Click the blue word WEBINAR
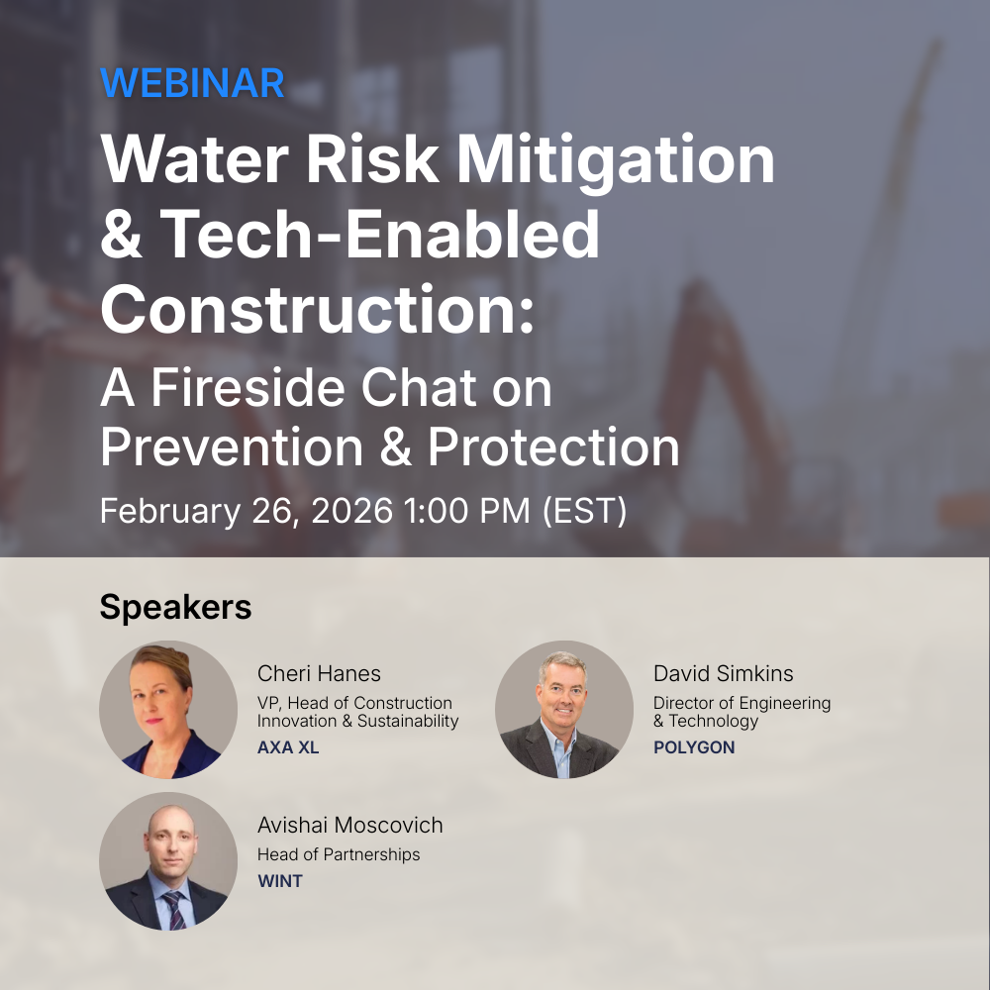click(192, 83)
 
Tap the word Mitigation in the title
click(615, 160)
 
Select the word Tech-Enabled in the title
click(379, 234)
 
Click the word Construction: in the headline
click(317, 309)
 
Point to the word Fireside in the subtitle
click(247, 388)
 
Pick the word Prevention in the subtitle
click(232, 447)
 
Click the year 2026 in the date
click(351, 510)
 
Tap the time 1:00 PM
click(466, 510)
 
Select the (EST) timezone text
click(585, 510)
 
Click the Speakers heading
click(175, 608)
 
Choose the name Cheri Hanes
click(319, 673)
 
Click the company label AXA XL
click(288, 747)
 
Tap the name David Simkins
click(723, 673)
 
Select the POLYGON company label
click(694, 747)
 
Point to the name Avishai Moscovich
click(349, 826)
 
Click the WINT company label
click(280, 881)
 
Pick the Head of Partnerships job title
click(339, 854)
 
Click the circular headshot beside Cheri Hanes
click(168, 710)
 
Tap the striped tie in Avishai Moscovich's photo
click(173, 909)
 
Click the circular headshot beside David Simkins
click(564, 710)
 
